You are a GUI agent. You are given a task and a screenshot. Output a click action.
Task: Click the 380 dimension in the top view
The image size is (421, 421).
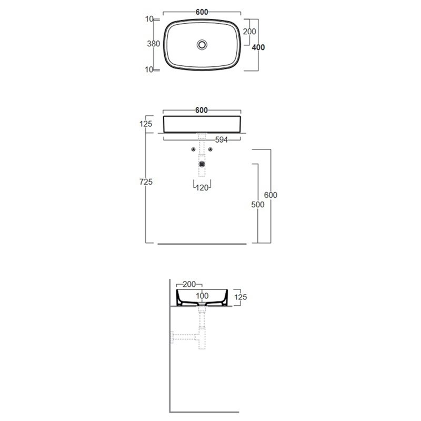(x=153, y=44)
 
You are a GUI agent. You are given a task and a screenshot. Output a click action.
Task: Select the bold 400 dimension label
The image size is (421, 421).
(x=258, y=47)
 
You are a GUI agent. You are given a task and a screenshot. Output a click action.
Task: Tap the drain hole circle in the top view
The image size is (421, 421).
(x=202, y=45)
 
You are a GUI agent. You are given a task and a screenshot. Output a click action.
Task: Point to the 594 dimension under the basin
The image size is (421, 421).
(x=222, y=139)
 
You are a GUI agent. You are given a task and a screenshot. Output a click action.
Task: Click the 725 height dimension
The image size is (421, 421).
(x=146, y=182)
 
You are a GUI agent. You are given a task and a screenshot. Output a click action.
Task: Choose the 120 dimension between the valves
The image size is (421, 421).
(x=202, y=188)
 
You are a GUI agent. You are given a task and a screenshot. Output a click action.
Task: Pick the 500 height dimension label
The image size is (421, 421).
(x=258, y=204)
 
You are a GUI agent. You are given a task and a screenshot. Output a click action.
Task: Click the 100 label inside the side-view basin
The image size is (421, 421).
(x=202, y=296)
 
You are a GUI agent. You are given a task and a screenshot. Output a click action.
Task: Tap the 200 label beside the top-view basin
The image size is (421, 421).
(x=249, y=32)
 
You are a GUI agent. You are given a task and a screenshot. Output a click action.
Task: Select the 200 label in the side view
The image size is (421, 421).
(x=189, y=284)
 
